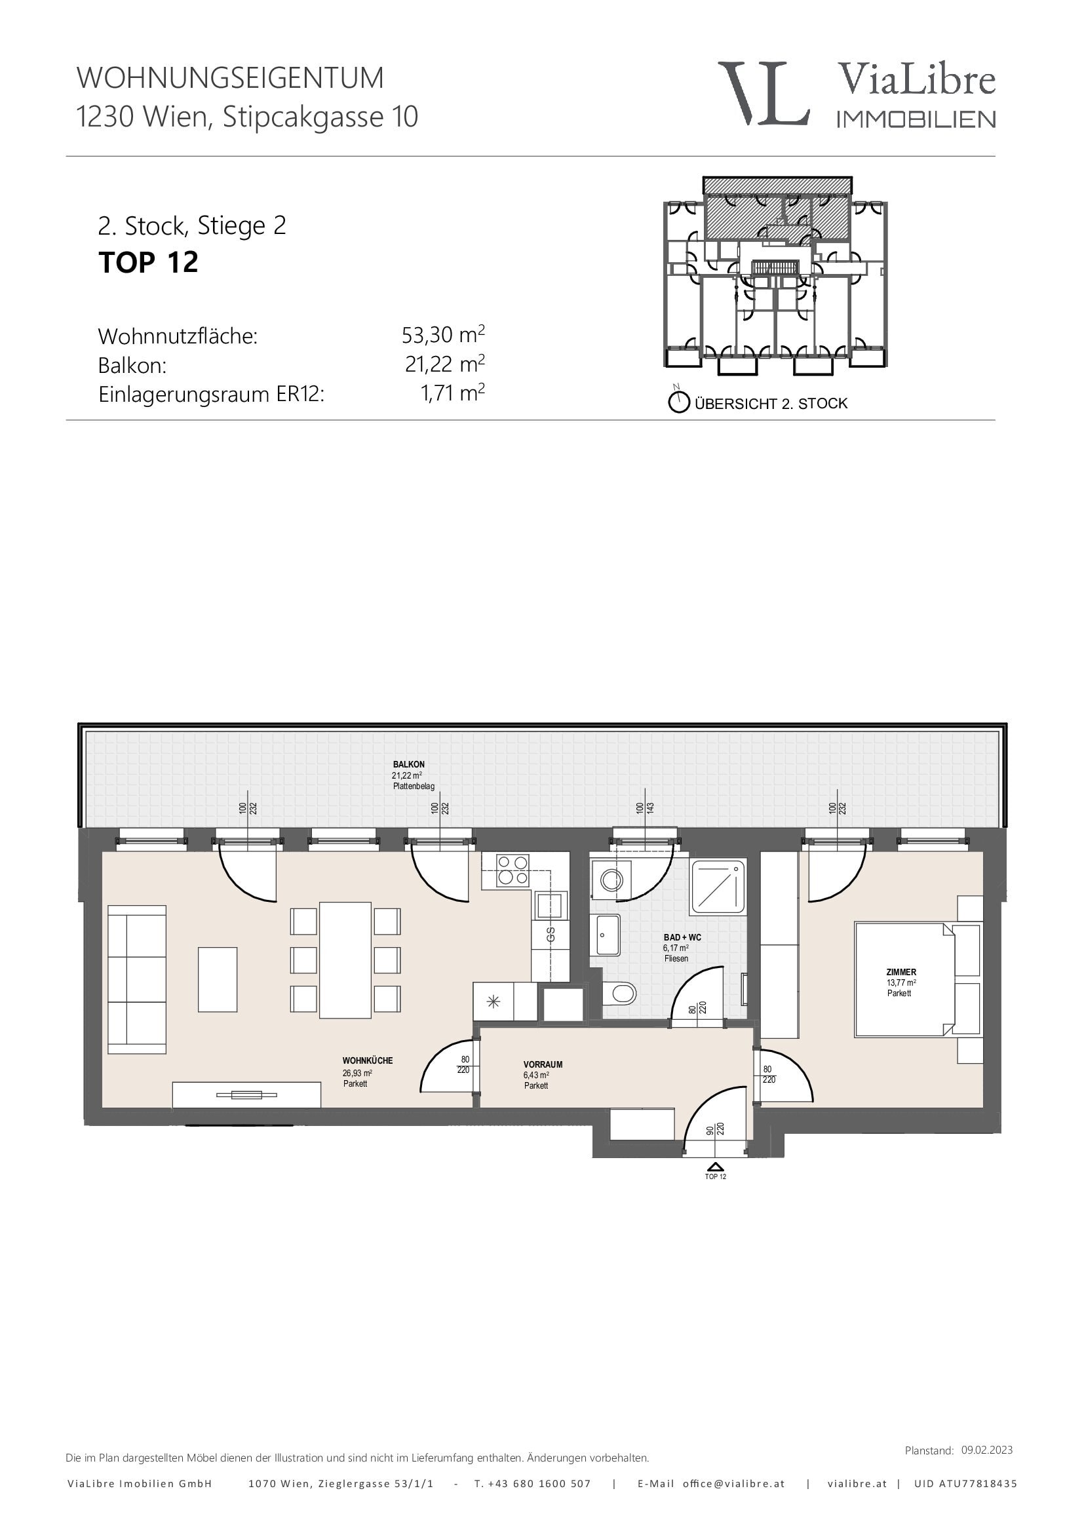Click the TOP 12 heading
(148, 262)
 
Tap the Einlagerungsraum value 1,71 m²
(453, 393)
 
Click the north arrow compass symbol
(679, 401)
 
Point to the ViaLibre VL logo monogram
(764, 94)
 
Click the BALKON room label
(408, 764)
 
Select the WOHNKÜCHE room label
(367, 1060)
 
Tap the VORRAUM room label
(543, 1064)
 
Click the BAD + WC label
(682, 937)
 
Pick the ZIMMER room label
(901, 972)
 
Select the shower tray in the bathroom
(718, 887)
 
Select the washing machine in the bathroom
(611, 880)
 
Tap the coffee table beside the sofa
(218, 979)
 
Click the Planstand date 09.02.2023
(986, 1450)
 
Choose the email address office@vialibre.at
(733, 1484)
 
